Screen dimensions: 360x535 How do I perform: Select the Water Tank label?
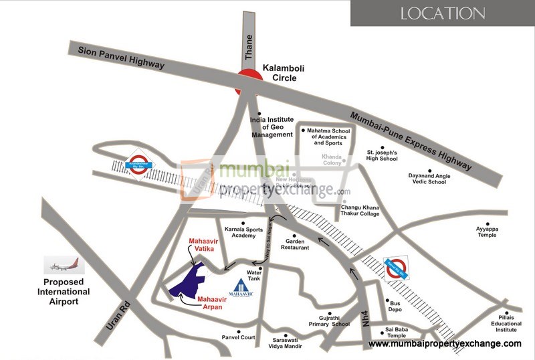tap(254, 275)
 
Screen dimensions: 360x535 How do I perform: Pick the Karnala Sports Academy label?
tap(240, 231)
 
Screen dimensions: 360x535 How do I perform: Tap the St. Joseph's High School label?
tap(382, 155)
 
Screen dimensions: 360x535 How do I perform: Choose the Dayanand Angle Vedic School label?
tap(427, 179)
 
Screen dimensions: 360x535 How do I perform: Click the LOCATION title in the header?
tap(443, 13)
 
